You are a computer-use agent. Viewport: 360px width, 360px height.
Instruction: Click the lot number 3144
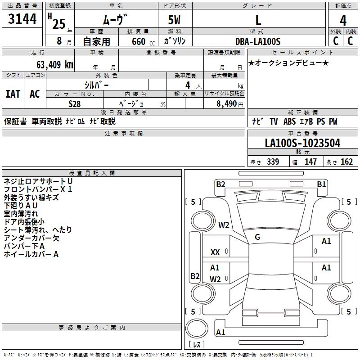coord(22,19)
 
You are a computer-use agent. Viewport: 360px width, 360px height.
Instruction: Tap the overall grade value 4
coord(343,20)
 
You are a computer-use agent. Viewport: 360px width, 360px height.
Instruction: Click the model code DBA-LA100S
coord(258,41)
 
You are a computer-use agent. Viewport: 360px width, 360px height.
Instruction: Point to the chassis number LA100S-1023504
coord(302,144)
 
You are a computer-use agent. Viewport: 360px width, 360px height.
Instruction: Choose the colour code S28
coord(75,103)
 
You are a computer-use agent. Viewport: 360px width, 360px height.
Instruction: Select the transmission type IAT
coord(13,94)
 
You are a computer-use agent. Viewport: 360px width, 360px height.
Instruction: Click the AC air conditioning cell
coord(35,94)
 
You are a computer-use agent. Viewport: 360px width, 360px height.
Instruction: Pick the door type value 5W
coord(175,20)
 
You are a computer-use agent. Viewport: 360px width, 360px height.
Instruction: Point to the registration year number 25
coord(58,23)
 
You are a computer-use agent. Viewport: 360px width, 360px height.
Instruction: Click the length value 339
coord(272,162)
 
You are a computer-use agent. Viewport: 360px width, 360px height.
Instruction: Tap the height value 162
coord(346,162)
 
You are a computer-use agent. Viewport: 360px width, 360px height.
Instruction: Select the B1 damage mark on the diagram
coord(321,184)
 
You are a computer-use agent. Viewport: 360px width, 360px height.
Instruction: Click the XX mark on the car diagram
coord(215,253)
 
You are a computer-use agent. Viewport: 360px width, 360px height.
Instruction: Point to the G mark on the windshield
coord(257,237)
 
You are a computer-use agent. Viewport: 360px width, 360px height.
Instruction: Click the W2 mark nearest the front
coord(224,225)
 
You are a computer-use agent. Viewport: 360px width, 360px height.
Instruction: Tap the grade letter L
coord(258,20)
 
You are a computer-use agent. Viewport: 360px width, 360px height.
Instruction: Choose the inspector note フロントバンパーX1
coord(38,189)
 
